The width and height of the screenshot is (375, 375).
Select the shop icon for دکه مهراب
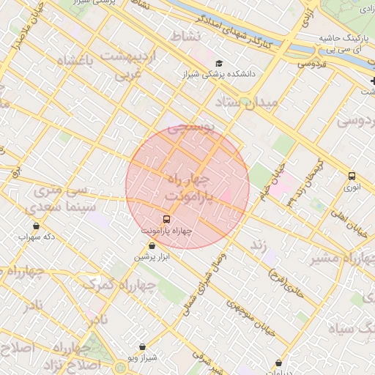37,226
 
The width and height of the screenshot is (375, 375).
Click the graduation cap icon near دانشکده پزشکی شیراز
220,63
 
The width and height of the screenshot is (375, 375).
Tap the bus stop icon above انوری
352,176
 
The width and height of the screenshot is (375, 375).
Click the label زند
258,242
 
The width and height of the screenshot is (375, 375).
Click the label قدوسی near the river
311,64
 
